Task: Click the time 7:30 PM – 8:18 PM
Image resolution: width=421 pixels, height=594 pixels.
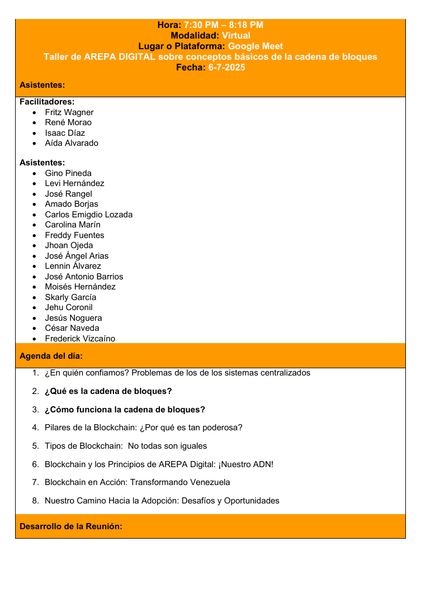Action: (224, 25)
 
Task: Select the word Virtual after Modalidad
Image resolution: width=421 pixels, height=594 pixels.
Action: (236, 36)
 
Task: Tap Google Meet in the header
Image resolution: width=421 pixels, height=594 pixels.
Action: (256, 46)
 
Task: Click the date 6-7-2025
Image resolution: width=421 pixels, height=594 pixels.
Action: (226, 68)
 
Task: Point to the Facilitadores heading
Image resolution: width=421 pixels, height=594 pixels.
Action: (47, 102)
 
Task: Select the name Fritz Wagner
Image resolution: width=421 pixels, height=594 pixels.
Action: (69, 112)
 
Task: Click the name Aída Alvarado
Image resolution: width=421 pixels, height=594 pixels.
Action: (72, 143)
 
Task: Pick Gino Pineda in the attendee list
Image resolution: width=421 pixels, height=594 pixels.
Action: (68, 173)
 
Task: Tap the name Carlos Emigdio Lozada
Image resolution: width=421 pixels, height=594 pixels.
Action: (89, 215)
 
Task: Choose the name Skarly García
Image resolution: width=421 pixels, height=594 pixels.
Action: (70, 297)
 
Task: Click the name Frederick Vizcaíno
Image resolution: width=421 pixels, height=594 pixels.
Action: (80, 339)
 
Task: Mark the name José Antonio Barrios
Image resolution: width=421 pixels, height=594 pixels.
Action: (84, 277)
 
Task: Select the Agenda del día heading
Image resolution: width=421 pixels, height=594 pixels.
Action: (51, 356)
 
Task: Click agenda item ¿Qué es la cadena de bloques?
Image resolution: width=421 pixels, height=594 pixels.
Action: (108, 391)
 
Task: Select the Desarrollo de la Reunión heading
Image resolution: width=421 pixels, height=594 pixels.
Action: (71, 526)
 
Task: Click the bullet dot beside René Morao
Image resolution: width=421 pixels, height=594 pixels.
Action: (35, 123)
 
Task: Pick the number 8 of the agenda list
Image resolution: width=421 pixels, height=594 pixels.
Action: (35, 501)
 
